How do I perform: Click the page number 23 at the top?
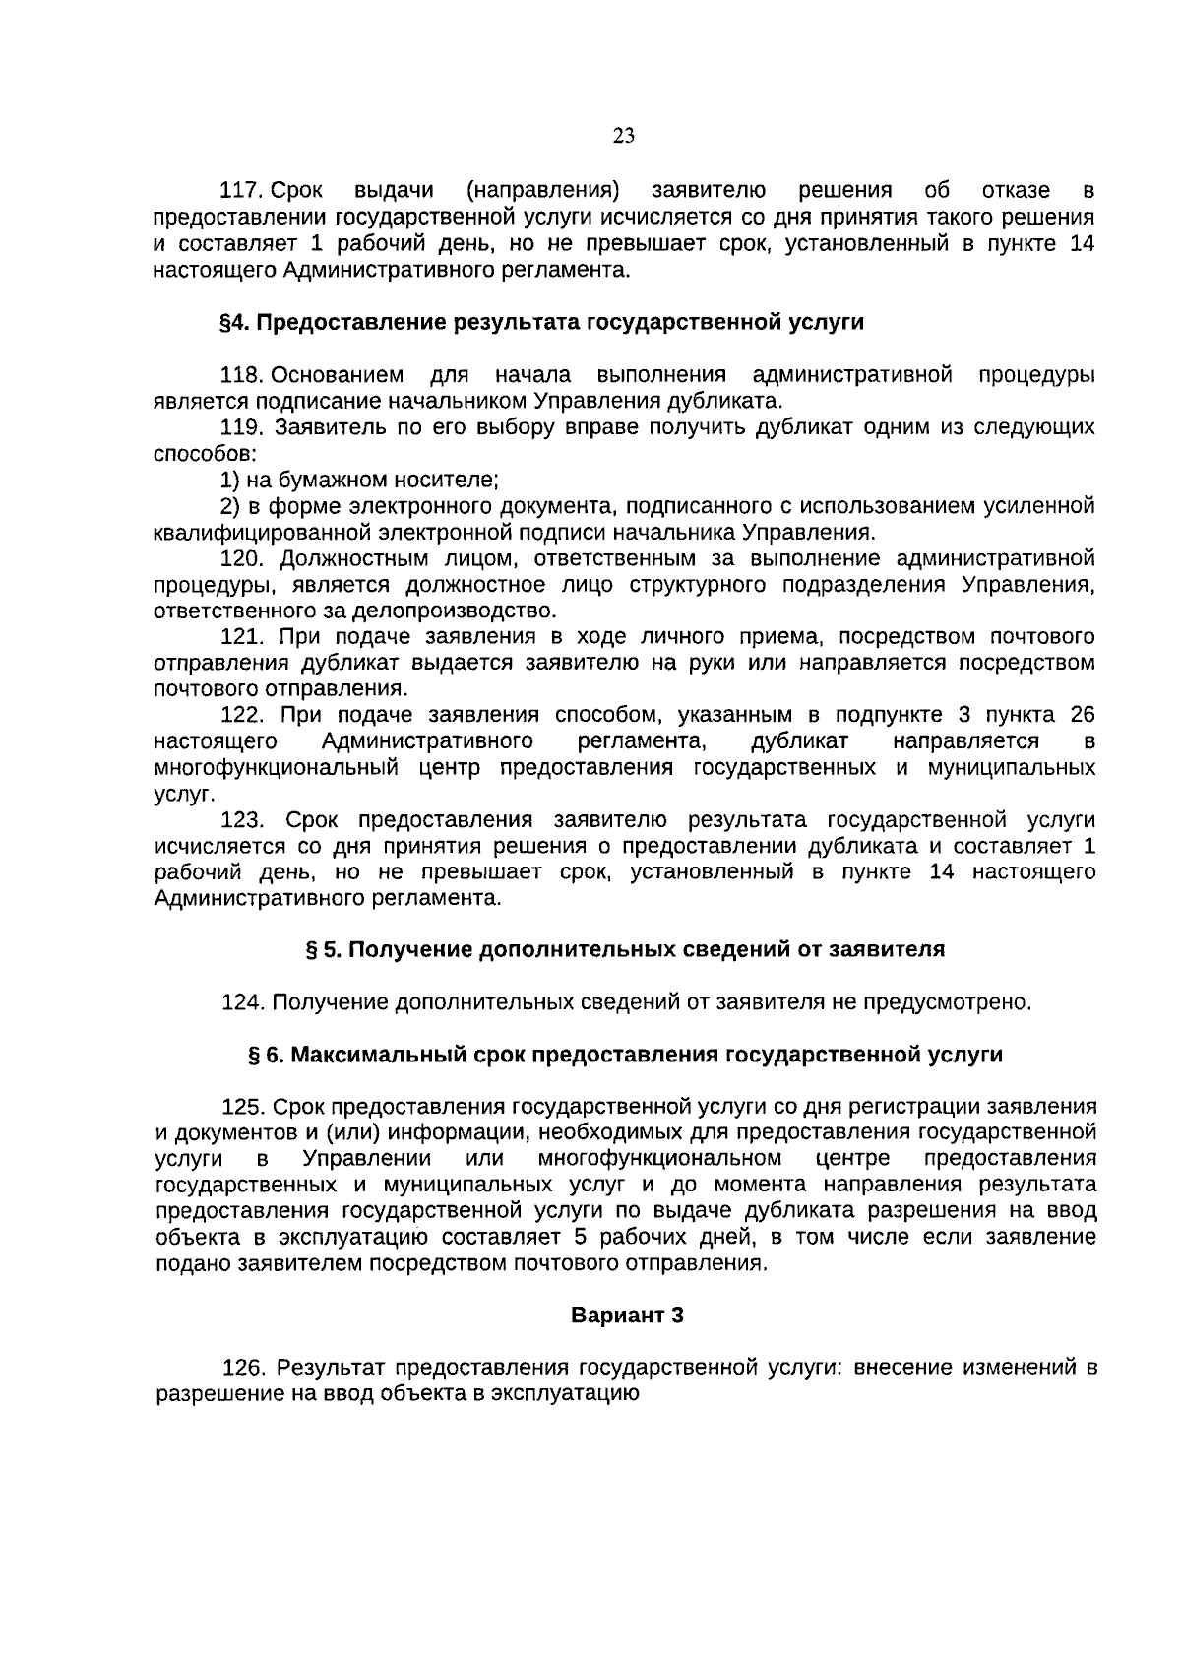click(623, 136)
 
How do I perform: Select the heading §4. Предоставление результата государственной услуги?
click(541, 323)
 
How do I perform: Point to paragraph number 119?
click(242, 428)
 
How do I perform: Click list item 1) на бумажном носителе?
click(360, 481)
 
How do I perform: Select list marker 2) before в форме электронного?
click(229, 507)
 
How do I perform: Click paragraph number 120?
click(242, 559)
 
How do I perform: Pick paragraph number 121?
click(242, 637)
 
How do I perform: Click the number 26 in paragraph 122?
click(1081, 716)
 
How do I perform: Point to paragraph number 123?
click(242, 820)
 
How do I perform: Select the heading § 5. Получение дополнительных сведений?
click(625, 950)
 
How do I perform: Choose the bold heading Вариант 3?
click(627, 1316)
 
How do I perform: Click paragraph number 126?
click(245, 1369)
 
